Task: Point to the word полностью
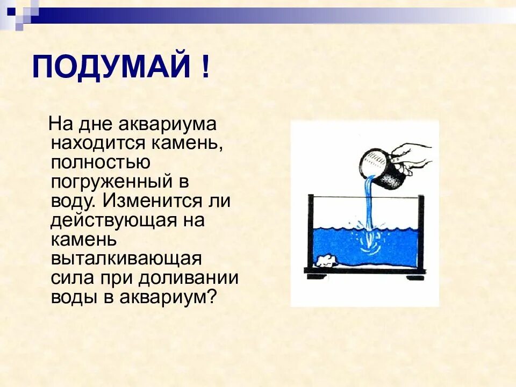(x=101, y=162)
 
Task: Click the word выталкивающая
(x=126, y=259)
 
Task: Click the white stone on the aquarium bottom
(x=326, y=261)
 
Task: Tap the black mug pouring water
(x=385, y=169)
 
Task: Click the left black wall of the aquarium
(x=311, y=231)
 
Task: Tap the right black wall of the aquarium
(x=421, y=231)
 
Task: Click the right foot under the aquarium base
(x=414, y=277)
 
